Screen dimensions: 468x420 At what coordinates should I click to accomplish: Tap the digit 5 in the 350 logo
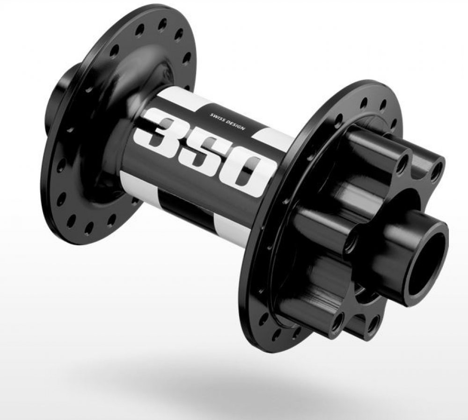pyautogui.click(x=204, y=152)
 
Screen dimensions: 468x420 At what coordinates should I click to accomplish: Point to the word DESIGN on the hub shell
pyautogui.click(x=235, y=126)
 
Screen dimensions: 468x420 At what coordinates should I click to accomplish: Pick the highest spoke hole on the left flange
pyautogui.click(x=163, y=24)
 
